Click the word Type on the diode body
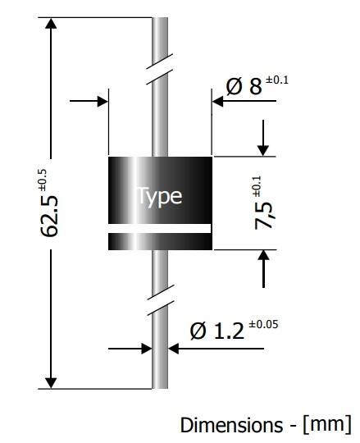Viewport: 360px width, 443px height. (x=159, y=197)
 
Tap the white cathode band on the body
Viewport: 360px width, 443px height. (x=160, y=228)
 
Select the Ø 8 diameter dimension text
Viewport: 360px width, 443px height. (x=245, y=86)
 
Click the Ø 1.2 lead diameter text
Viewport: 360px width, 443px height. (x=216, y=331)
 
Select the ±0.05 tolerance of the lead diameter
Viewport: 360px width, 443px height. (x=262, y=324)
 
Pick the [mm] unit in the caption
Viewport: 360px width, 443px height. (x=326, y=425)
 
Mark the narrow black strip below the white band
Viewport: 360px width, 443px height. (x=160, y=241)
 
